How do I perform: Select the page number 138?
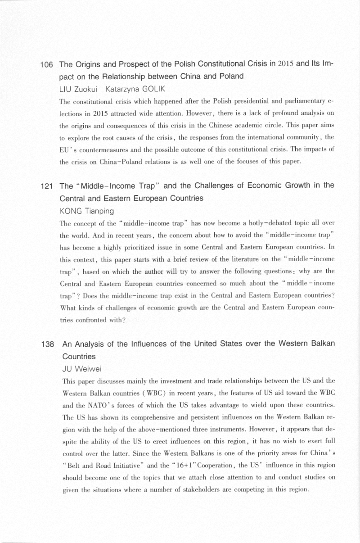point(47,345)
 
